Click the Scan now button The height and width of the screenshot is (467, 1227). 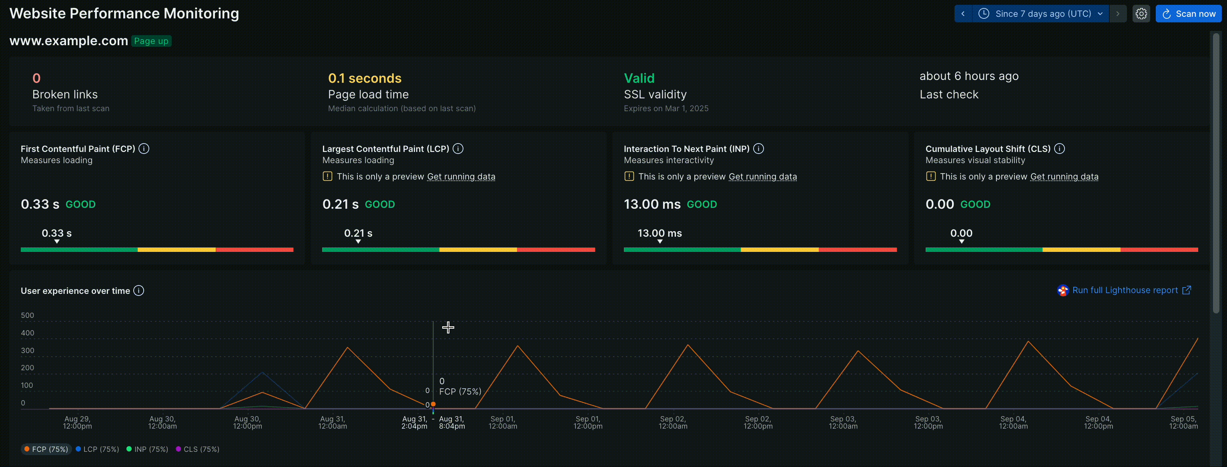pyautogui.click(x=1189, y=14)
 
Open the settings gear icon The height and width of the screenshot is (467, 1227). pyautogui.click(x=1141, y=14)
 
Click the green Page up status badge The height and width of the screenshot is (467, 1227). pyautogui.click(x=151, y=41)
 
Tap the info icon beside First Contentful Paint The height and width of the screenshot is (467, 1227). pyautogui.click(x=144, y=148)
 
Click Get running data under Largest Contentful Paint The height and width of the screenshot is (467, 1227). pyautogui.click(x=461, y=177)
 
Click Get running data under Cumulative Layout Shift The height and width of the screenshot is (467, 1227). pyautogui.click(x=1064, y=177)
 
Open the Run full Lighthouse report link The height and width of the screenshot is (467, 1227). pyautogui.click(x=1125, y=290)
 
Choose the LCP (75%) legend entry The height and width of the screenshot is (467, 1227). pyautogui.click(x=97, y=449)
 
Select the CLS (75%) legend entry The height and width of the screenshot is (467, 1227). pyautogui.click(x=198, y=449)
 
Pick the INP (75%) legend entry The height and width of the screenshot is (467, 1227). pyautogui.click(x=147, y=449)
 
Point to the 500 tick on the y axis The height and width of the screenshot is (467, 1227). pyautogui.click(x=28, y=315)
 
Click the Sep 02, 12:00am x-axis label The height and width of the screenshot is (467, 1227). pyautogui.click(x=673, y=422)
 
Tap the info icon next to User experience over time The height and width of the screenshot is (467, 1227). pyautogui.click(x=138, y=290)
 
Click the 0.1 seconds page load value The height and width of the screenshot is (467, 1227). pyautogui.click(x=365, y=78)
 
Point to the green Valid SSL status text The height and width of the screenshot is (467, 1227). pyautogui.click(x=639, y=78)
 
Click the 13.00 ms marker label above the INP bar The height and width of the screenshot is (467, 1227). pyautogui.click(x=660, y=233)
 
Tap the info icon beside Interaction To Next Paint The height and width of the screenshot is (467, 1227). pyautogui.click(x=759, y=148)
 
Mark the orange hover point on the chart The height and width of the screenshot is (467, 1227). pyautogui.click(x=433, y=404)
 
